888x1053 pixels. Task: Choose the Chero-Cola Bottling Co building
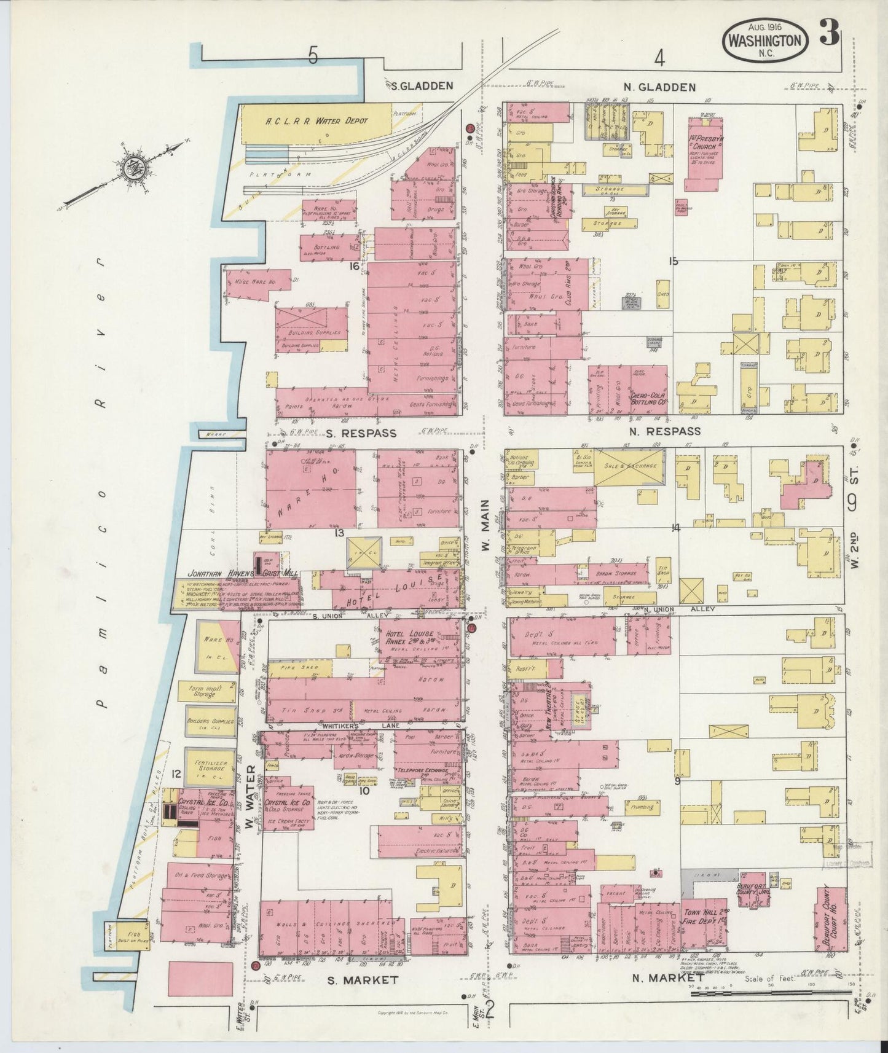[x=648, y=389]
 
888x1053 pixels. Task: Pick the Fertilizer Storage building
[x=210, y=767]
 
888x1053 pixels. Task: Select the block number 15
[x=674, y=262]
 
